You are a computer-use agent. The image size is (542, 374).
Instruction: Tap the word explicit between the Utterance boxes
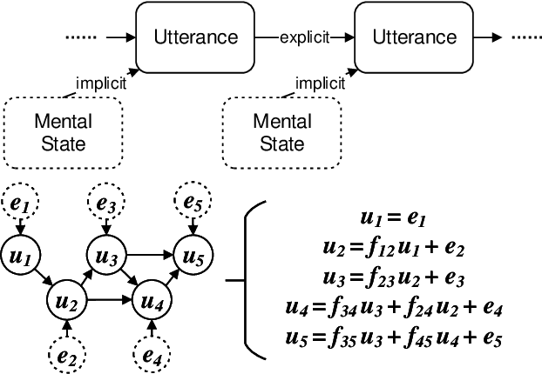pyautogui.click(x=304, y=37)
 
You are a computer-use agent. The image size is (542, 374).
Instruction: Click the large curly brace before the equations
pyautogui.click(x=249, y=280)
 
